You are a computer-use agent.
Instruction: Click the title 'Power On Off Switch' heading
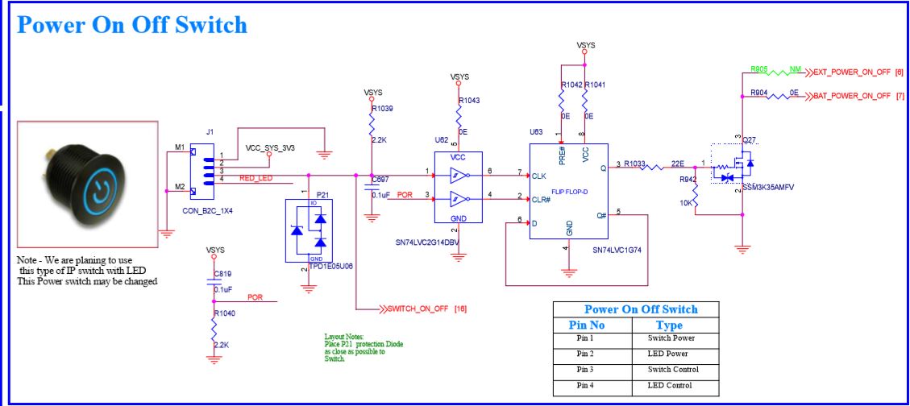coord(132,25)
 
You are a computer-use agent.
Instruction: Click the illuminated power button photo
coord(88,184)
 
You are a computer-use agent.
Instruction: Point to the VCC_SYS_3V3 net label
coord(272,149)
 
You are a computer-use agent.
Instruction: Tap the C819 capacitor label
coord(222,272)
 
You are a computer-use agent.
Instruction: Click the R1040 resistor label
coord(226,313)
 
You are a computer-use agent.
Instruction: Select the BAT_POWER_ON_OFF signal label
coord(853,95)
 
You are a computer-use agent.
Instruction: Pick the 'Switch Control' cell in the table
coord(672,370)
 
